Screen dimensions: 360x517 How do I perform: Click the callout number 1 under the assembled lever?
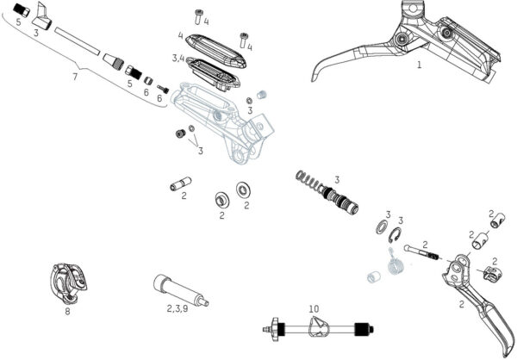(419, 65)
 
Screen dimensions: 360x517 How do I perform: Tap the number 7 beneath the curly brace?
(75, 78)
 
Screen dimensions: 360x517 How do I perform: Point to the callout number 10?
(314, 307)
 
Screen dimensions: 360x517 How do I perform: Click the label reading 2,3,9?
(178, 307)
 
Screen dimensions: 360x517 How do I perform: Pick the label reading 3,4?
(178, 58)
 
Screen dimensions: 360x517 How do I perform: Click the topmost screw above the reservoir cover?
(200, 12)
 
